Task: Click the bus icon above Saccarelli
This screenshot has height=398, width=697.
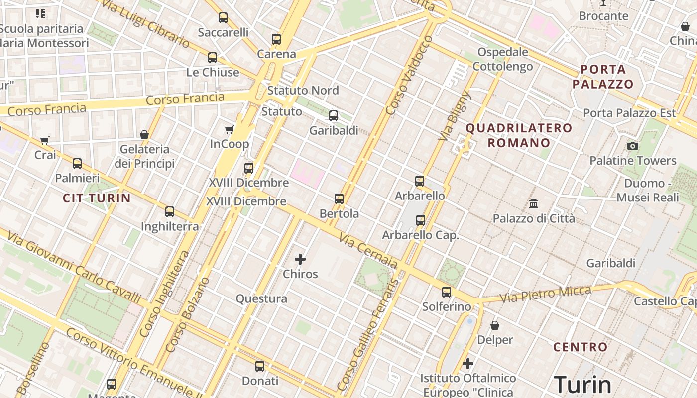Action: click(x=223, y=18)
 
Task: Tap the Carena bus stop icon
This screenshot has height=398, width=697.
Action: click(x=276, y=39)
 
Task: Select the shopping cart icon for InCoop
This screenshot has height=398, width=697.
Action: click(x=229, y=130)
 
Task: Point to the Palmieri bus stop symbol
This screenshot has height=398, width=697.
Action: click(x=77, y=163)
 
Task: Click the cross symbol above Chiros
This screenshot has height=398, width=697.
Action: click(x=300, y=259)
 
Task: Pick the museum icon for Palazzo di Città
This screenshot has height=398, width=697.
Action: click(x=534, y=203)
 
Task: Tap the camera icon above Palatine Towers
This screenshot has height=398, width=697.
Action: click(x=633, y=146)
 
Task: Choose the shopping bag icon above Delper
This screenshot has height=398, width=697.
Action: click(x=495, y=325)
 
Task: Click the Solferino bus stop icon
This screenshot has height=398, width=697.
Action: click(x=447, y=292)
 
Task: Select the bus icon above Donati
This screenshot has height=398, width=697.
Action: click(x=260, y=366)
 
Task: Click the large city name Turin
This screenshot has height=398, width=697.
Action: click(x=582, y=385)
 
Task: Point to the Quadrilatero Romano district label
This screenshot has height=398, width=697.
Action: click(x=519, y=135)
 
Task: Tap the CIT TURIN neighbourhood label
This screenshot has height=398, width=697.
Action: click(x=97, y=198)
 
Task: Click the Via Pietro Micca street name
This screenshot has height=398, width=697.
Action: click(x=545, y=294)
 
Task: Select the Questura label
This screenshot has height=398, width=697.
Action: click(x=261, y=298)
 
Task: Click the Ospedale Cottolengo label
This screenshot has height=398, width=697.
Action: click(x=502, y=59)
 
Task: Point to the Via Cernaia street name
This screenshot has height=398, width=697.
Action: click(x=368, y=251)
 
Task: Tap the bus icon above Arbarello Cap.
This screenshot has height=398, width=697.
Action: click(x=421, y=220)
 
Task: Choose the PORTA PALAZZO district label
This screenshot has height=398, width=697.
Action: click(x=602, y=76)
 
